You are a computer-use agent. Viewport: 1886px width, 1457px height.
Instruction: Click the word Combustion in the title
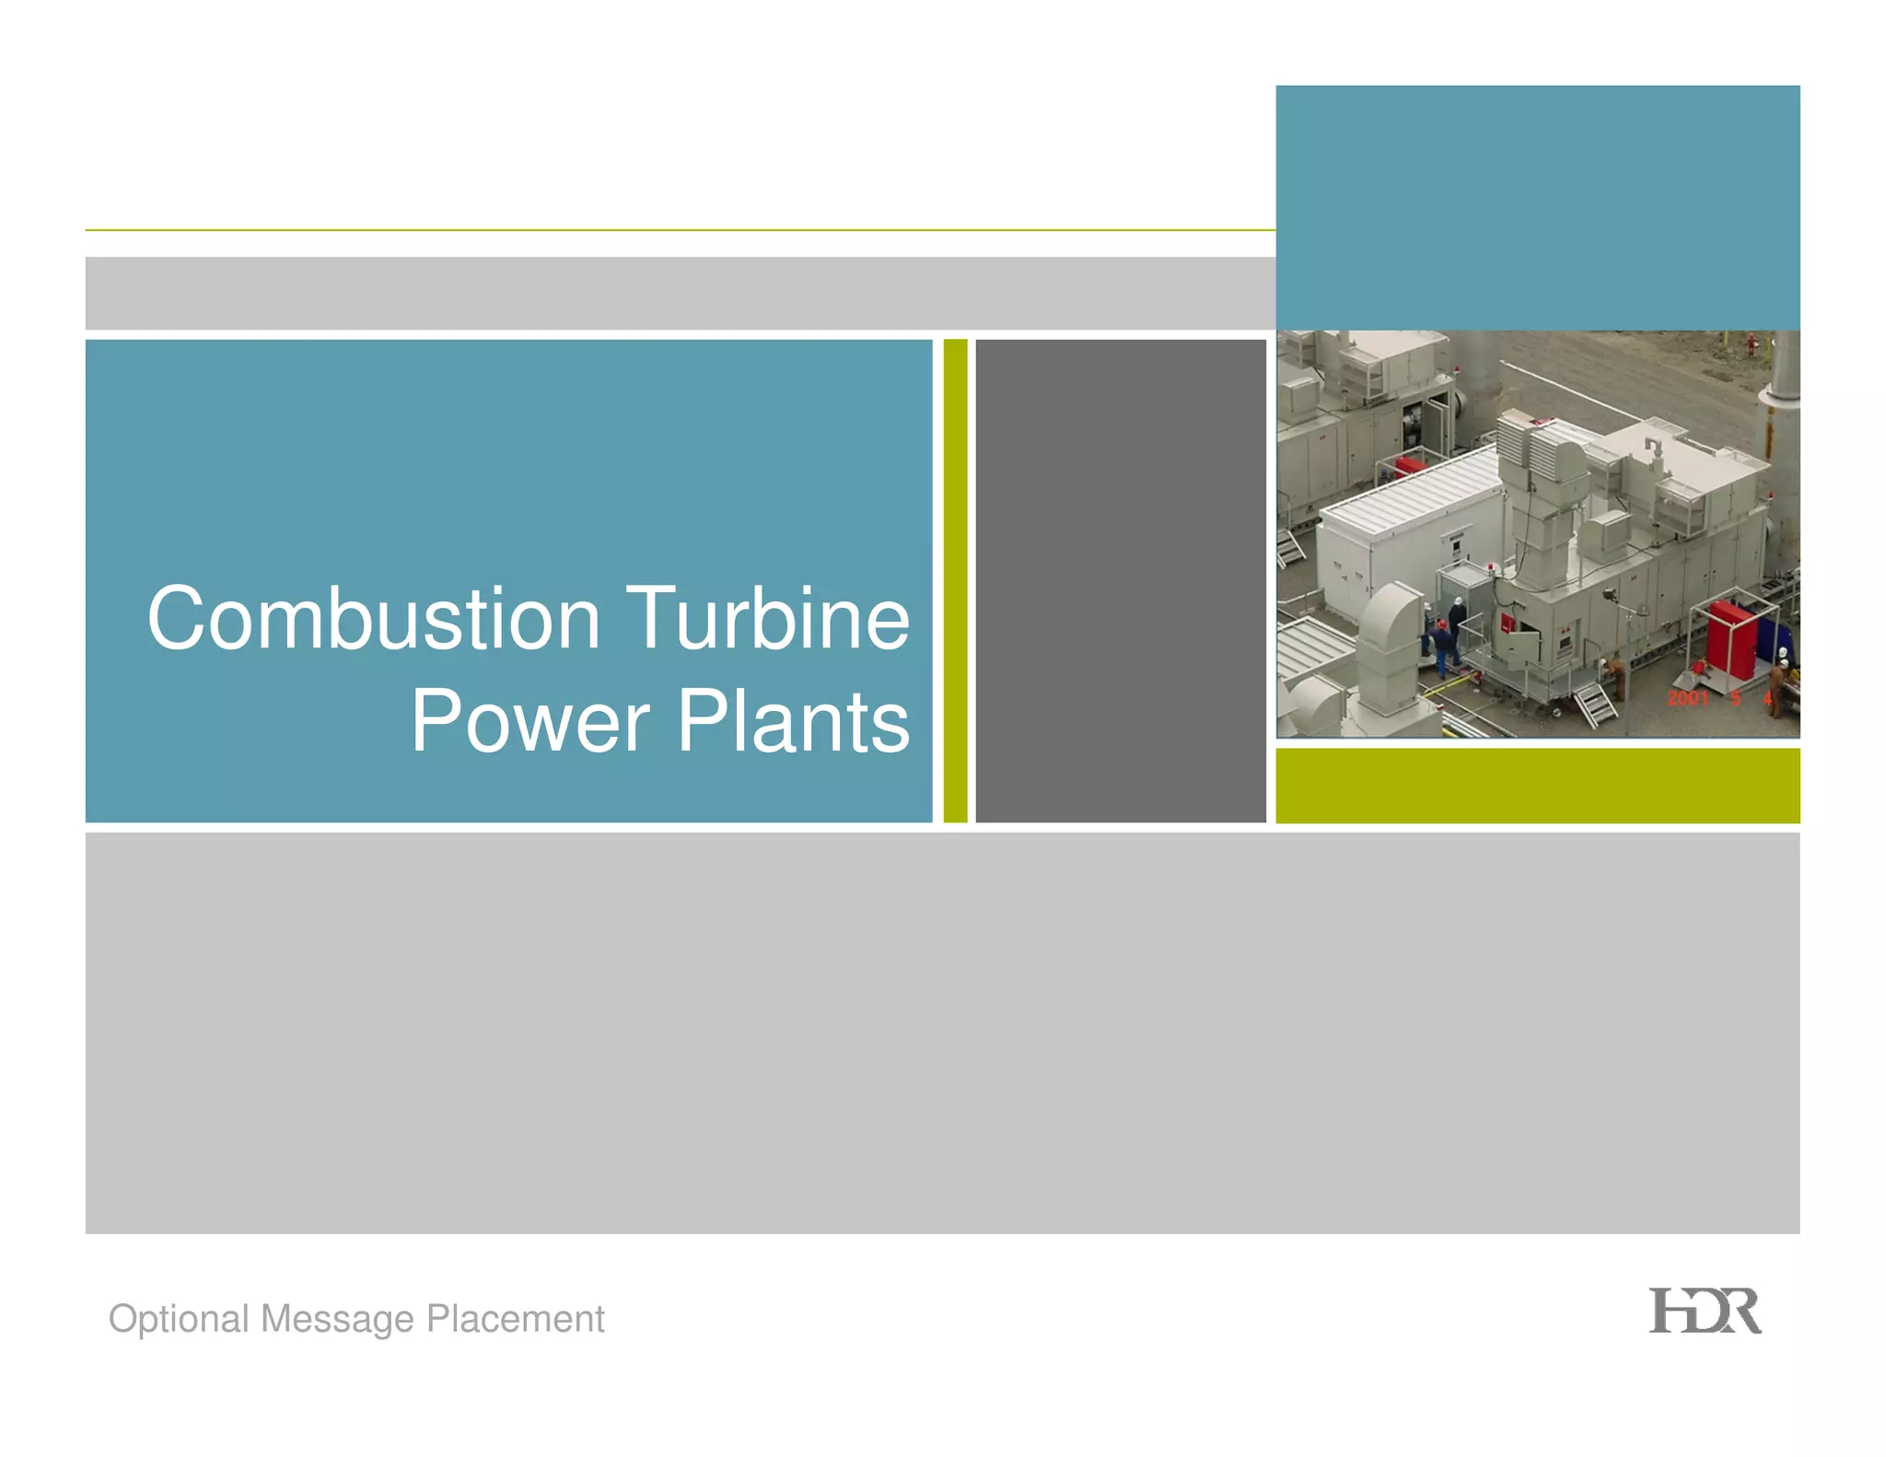[x=373, y=619]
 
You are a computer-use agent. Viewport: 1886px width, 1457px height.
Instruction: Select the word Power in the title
[x=530, y=722]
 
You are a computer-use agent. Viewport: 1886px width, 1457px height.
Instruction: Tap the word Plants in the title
[x=793, y=722]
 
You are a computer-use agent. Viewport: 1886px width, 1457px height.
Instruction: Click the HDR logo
[x=1704, y=1311]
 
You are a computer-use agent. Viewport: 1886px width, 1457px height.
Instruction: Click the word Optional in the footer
[x=179, y=1320]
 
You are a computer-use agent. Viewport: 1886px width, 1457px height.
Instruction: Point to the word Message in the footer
[x=337, y=1320]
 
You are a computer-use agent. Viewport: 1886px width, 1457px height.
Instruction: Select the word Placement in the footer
[x=515, y=1320]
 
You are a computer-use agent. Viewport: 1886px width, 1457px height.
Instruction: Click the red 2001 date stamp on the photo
[x=1687, y=698]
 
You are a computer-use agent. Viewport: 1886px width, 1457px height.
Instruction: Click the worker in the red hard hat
[x=1441, y=635]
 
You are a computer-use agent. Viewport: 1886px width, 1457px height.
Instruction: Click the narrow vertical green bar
[x=955, y=580]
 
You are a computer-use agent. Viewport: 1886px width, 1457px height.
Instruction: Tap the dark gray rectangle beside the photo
[x=1120, y=580]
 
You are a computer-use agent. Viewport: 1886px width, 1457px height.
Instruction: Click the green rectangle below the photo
[x=1537, y=785]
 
